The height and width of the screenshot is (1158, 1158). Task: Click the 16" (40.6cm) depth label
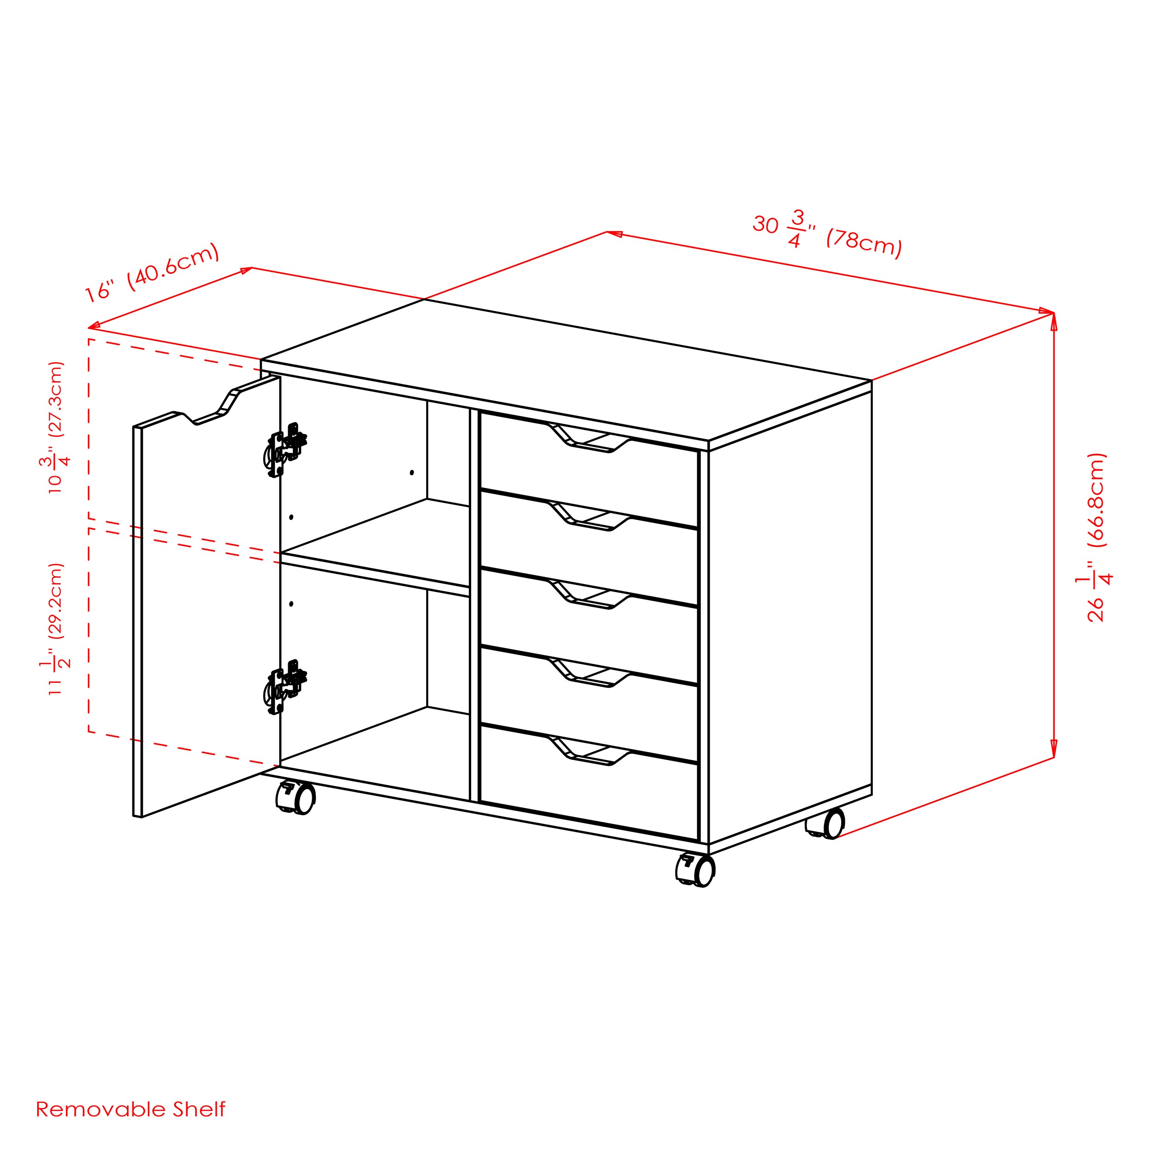coord(151,273)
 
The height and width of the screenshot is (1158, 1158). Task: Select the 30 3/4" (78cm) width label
coord(827,234)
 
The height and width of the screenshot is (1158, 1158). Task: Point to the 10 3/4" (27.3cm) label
coord(55,428)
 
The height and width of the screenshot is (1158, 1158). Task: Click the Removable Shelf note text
coord(131,1109)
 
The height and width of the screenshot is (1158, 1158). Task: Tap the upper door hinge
coord(285,449)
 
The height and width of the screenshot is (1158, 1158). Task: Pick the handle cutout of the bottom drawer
coord(590,750)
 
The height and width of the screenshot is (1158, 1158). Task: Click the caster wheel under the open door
coord(296,798)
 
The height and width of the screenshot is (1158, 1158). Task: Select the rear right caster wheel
coord(825,823)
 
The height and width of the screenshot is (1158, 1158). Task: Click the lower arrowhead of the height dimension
coord(1054,749)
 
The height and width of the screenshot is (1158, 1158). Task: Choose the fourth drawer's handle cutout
coord(590,673)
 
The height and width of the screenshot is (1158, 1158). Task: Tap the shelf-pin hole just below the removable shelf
coord(291,604)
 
